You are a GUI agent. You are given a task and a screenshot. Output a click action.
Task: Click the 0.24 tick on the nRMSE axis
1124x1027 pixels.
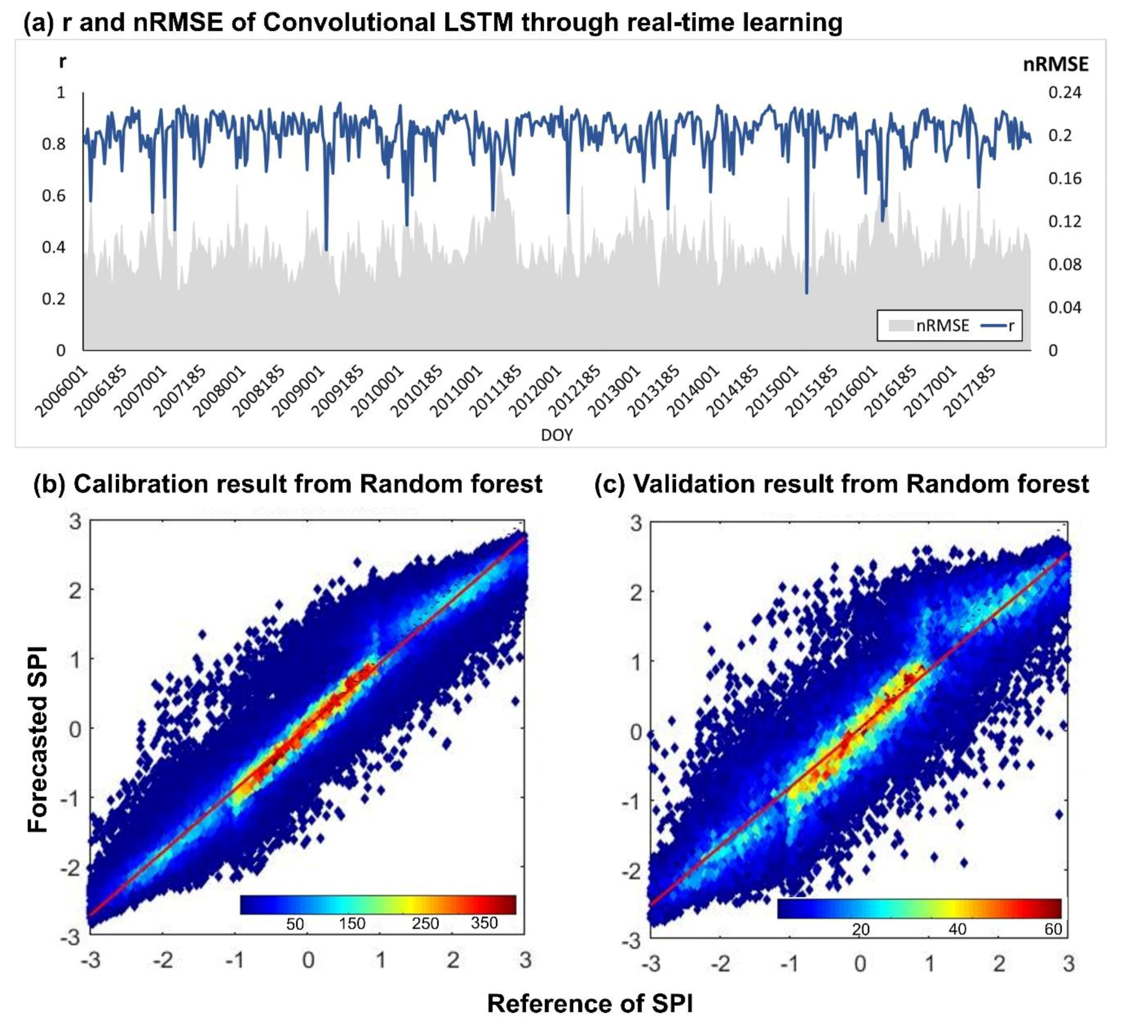coord(1064,92)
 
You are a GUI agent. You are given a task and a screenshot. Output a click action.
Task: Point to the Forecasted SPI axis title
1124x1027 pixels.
coord(38,740)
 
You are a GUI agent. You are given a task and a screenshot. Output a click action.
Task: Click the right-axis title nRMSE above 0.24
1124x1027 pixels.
coord(1055,65)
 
